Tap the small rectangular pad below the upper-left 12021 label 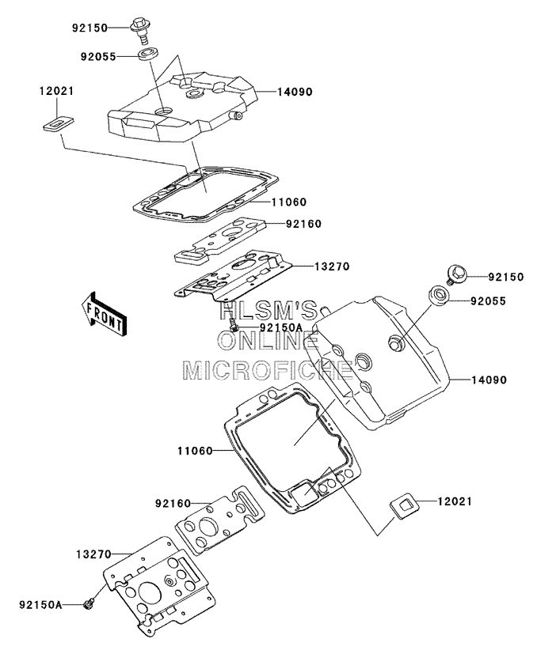tap(58, 124)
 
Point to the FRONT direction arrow tap(104, 313)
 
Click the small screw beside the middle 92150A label tap(233, 324)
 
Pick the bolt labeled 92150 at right tap(455, 274)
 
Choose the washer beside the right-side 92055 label tap(439, 296)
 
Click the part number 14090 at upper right tap(295, 92)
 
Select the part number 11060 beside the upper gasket tap(289, 202)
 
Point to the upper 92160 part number tap(304, 224)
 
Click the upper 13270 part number tap(332, 266)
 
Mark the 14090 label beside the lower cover tap(489, 380)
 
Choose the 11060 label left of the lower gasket tap(195, 451)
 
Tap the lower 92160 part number tap(173, 504)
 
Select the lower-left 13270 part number tap(94, 554)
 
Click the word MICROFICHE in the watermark tap(269, 369)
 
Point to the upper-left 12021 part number tap(57, 91)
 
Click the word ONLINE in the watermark tap(268, 340)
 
